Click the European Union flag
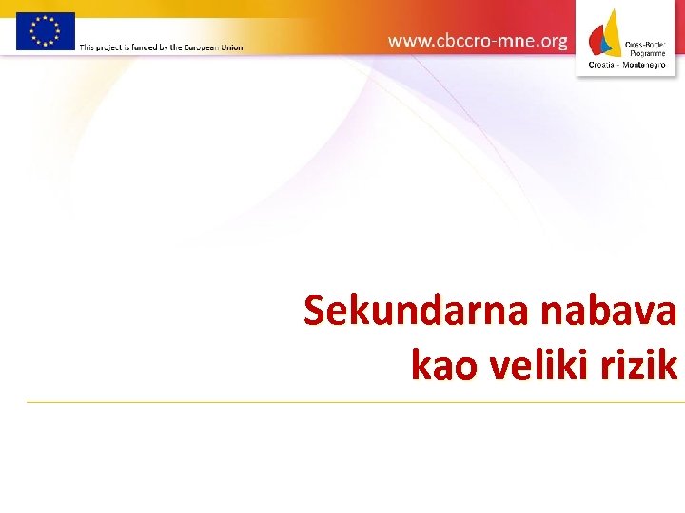pos(45,30)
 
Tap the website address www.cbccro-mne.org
pos(478,41)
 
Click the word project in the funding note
pos(108,47)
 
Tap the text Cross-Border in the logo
pos(643,43)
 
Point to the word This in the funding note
pos(87,47)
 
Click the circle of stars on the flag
pos(45,30)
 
